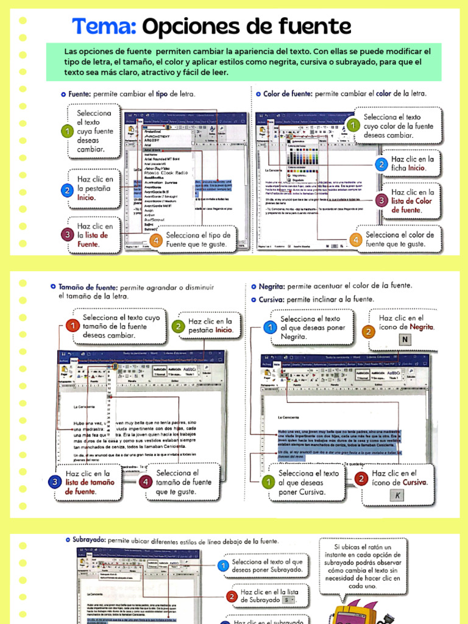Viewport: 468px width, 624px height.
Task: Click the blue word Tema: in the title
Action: (x=104, y=27)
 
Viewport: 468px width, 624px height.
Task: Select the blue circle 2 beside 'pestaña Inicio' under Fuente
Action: (x=66, y=190)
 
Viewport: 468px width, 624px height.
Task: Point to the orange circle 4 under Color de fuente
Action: (x=354, y=240)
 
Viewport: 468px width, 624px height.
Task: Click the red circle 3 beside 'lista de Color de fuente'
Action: (x=381, y=199)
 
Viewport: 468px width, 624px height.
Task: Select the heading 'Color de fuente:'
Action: (x=286, y=94)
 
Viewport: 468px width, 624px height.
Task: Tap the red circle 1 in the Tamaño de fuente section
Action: (x=73, y=327)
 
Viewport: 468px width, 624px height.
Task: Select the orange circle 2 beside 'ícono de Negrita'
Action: (x=367, y=331)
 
